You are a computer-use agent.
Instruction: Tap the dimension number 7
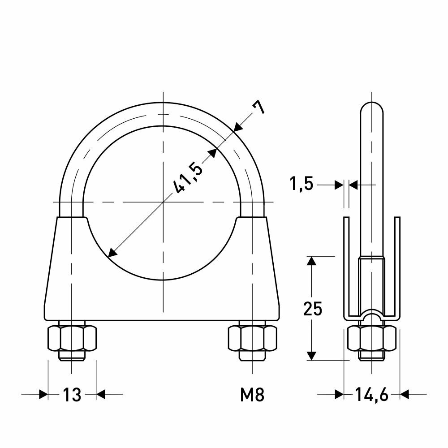pyautogui.click(x=258, y=108)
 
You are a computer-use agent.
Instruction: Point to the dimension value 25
pyautogui.click(x=313, y=308)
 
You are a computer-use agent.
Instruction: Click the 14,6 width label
pyautogui.click(x=372, y=395)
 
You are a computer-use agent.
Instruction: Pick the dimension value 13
pyautogui.click(x=72, y=395)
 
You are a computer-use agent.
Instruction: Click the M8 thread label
pyautogui.click(x=252, y=395)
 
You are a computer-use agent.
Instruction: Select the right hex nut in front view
pyautogui.click(x=253, y=338)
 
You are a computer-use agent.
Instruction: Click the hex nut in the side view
pyautogui.click(x=372, y=338)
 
